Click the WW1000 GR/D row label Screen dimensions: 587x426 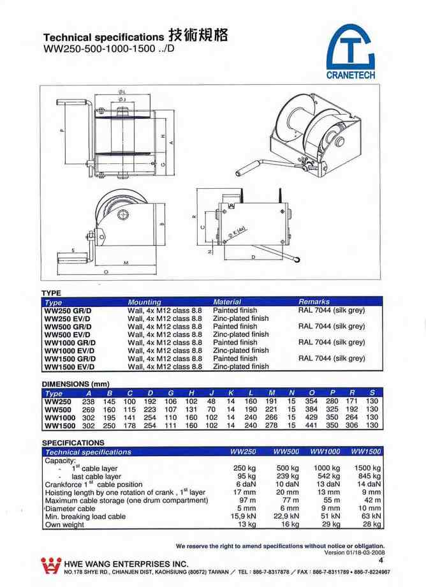[x=68, y=342]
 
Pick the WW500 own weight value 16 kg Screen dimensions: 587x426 [x=291, y=525]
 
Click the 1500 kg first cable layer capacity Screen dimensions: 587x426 [x=367, y=468]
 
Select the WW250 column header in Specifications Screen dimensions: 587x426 [x=243, y=451]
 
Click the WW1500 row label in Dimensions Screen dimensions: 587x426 [x=61, y=426]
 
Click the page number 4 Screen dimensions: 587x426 [x=381, y=561]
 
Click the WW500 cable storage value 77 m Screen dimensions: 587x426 [x=291, y=500]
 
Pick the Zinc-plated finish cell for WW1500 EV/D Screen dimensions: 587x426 [x=240, y=367]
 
